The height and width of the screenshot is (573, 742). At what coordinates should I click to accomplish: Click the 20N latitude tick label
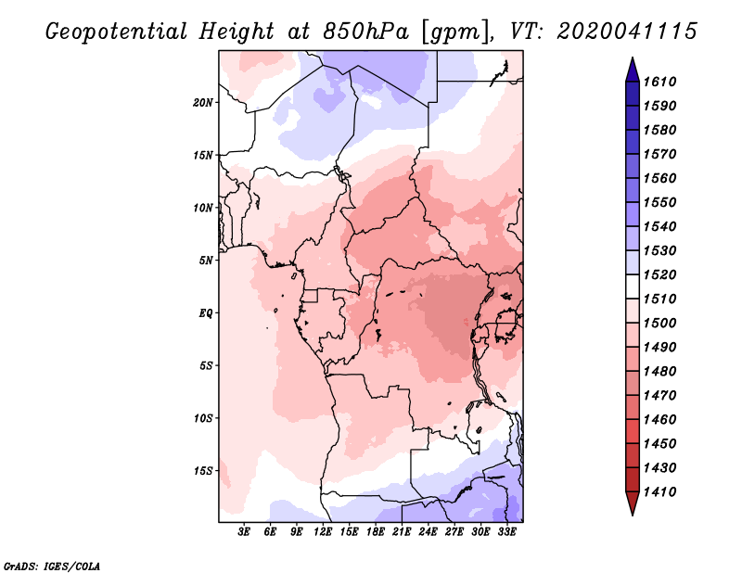[x=203, y=102]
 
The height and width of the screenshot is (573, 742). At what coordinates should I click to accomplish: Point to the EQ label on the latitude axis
[x=206, y=313]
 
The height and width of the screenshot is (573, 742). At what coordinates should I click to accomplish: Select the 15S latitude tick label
[x=203, y=471]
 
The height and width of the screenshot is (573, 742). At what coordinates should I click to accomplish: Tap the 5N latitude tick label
[x=206, y=261]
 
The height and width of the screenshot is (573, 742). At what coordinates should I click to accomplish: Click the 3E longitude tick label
[x=245, y=532]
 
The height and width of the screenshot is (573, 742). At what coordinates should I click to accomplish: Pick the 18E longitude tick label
[x=376, y=532]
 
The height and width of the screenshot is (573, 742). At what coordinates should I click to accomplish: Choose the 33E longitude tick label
[x=507, y=532]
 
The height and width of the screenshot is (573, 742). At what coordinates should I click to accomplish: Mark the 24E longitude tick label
[x=429, y=532]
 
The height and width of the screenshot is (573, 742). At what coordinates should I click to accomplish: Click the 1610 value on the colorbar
[x=662, y=82]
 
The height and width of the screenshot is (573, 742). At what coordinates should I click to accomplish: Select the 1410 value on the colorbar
[x=662, y=491]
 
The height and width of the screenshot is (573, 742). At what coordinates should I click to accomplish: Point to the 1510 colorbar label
[x=662, y=299]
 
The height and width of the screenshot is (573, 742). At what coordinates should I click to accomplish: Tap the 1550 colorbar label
[x=662, y=202]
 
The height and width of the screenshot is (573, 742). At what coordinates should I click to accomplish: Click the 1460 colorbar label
[x=662, y=419]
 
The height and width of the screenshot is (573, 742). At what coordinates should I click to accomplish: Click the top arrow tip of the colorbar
[x=632, y=60]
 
